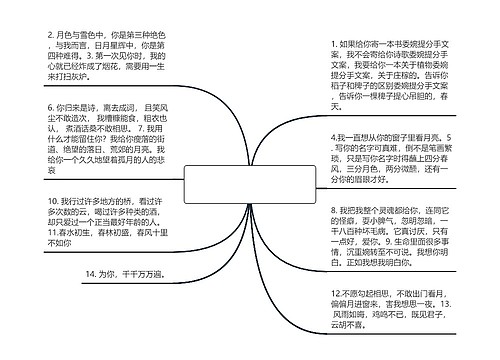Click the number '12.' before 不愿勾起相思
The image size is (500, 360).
337,289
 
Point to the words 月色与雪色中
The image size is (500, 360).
81,33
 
